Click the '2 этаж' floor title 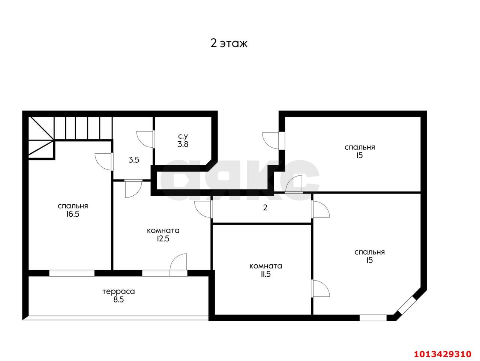(x=229, y=43)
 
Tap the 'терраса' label (x=118, y=292)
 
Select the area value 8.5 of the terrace (x=118, y=300)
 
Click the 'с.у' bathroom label (x=183, y=136)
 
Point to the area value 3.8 (x=183, y=144)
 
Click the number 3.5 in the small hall (x=134, y=160)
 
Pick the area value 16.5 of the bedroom (x=73, y=214)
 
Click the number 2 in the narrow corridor (x=265, y=208)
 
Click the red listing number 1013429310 (x=443, y=354)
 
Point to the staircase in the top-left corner (x=70, y=138)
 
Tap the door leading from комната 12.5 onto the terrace (x=178, y=265)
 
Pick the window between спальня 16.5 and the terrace (x=72, y=273)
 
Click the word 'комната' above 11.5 (x=266, y=266)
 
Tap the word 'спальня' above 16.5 (x=73, y=206)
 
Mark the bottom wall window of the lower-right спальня (x=373, y=318)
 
